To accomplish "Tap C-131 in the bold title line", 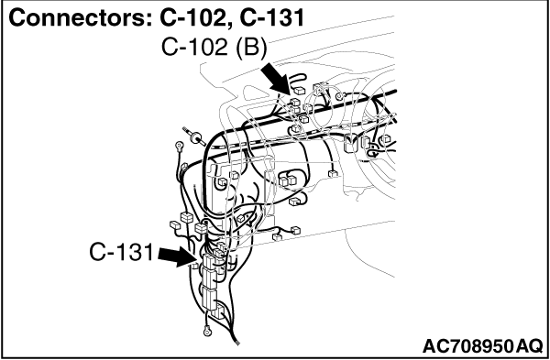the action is pos(272,18).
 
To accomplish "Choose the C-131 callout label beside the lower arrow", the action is pos(121,252).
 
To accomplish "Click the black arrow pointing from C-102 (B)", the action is pos(277,80).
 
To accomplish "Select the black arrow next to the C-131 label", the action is pos(177,256).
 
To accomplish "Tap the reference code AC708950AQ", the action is pos(482,346).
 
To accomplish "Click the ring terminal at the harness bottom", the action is pos(207,330).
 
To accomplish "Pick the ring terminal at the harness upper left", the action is pos(180,145).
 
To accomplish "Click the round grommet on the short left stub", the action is pos(195,136).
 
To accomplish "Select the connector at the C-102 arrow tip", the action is pos(295,103).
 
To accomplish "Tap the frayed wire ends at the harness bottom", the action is pos(237,342).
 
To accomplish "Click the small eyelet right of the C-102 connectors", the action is pos(338,97).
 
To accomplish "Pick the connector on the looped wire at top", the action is pos(300,91).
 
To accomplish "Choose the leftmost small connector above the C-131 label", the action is pos(174,224).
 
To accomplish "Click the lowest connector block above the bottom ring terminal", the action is pos(219,311).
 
